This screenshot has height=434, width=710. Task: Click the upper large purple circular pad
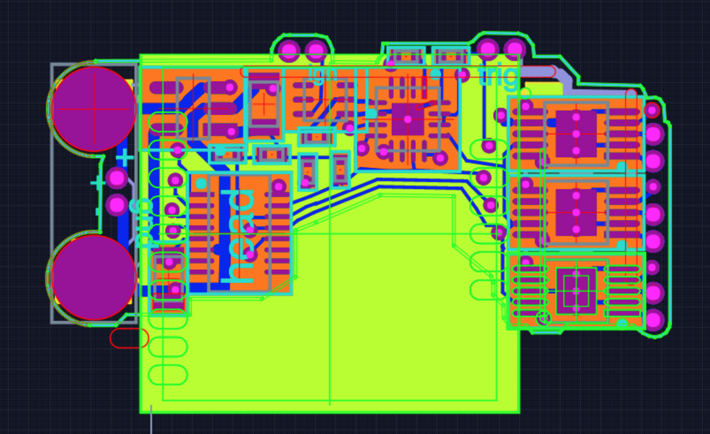pos(94,109)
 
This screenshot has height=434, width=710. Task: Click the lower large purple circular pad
pos(94,278)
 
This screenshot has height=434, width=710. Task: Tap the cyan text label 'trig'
pos(497,76)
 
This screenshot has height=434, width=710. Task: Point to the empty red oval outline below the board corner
pos(129,338)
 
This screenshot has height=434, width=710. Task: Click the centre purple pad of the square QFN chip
pos(407,119)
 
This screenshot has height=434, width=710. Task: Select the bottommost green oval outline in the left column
pos(168,375)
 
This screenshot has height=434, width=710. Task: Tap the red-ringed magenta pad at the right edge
pos(652,110)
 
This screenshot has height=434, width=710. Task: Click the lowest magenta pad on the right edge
pos(654,320)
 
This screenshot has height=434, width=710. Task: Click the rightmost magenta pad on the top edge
pos(514,49)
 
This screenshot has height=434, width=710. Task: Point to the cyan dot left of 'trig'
pos(436,74)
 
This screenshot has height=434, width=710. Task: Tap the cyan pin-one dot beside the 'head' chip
pos(201,183)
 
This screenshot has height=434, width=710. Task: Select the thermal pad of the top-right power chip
pos(576,133)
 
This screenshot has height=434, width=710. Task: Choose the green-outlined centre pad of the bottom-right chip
pos(576,291)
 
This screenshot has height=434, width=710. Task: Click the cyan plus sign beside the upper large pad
pos(125,158)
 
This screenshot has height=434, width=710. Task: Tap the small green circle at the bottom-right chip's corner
pos(543,317)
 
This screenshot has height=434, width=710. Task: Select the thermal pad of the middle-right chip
pos(576,212)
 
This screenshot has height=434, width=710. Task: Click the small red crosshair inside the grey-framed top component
pos(264,104)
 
